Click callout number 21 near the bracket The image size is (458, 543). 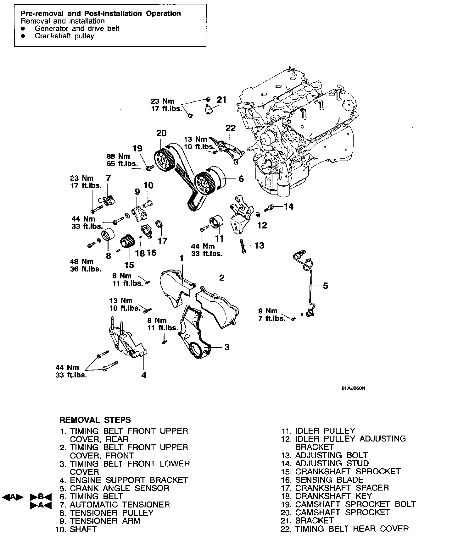click(x=221, y=100)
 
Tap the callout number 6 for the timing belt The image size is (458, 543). click(x=241, y=179)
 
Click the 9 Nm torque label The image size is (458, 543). click(x=268, y=311)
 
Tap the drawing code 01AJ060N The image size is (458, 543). click(x=353, y=388)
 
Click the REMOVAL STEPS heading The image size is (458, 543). click(x=95, y=420)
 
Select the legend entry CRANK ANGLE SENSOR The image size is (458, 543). click(x=119, y=488)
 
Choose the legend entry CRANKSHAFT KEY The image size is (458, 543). click(x=333, y=496)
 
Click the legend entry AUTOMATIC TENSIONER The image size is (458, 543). click(x=120, y=505)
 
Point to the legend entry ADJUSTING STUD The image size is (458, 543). click(x=332, y=463)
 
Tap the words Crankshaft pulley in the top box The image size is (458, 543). click(x=64, y=36)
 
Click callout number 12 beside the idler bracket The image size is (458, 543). click(x=262, y=225)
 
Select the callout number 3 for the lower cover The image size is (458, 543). click(x=226, y=347)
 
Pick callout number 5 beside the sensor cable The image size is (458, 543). click(x=325, y=286)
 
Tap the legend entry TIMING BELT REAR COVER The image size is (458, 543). click(x=352, y=529)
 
